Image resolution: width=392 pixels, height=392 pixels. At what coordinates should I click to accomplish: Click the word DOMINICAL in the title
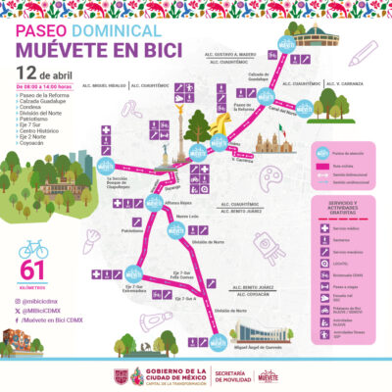pyautogui.click(x=111, y=31)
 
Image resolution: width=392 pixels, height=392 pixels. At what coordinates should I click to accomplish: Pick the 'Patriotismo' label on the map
pyautogui.click(x=133, y=231)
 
